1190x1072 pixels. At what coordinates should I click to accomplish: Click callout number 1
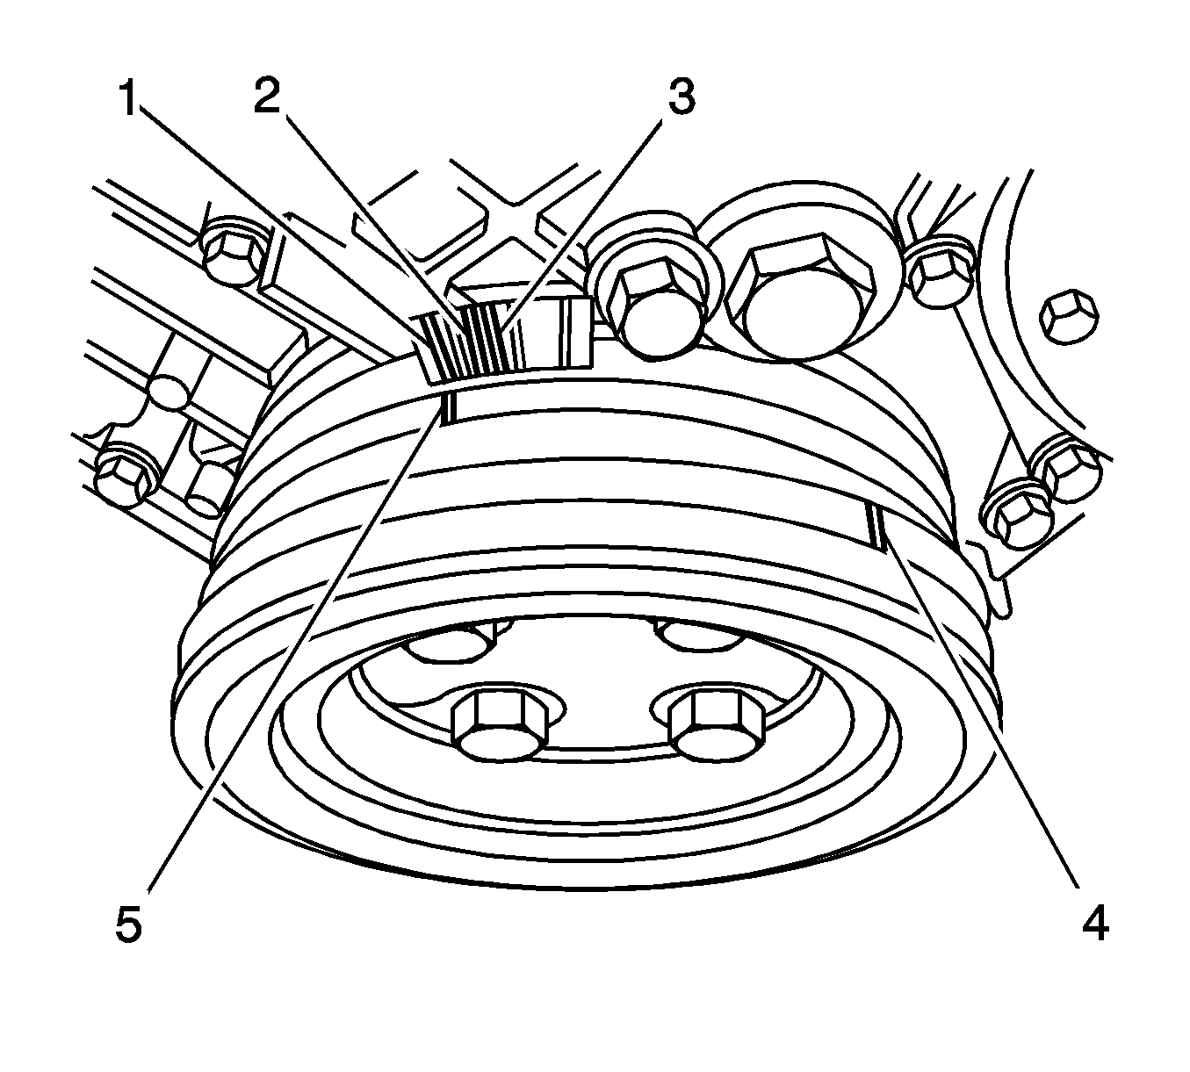(128, 98)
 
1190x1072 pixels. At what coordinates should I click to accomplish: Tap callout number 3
(681, 97)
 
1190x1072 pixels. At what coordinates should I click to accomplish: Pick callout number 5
(129, 925)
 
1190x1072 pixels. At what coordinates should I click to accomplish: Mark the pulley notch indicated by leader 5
(449, 407)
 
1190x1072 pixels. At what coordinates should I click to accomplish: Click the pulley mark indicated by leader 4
(876, 526)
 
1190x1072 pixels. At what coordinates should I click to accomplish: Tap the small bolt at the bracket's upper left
(234, 253)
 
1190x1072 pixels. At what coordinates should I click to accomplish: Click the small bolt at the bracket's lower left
(128, 470)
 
